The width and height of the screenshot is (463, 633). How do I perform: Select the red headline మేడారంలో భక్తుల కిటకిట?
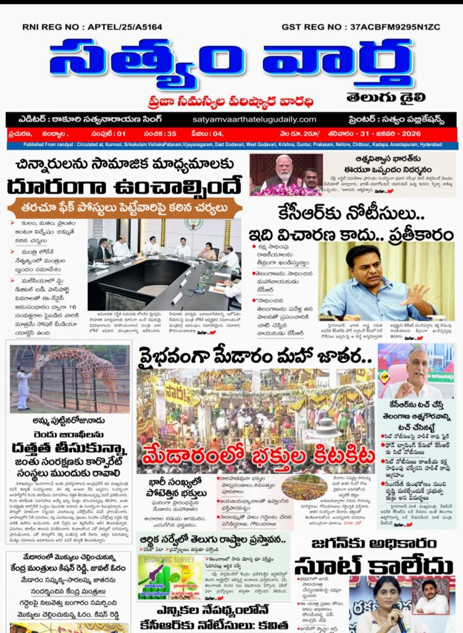pos(258,457)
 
